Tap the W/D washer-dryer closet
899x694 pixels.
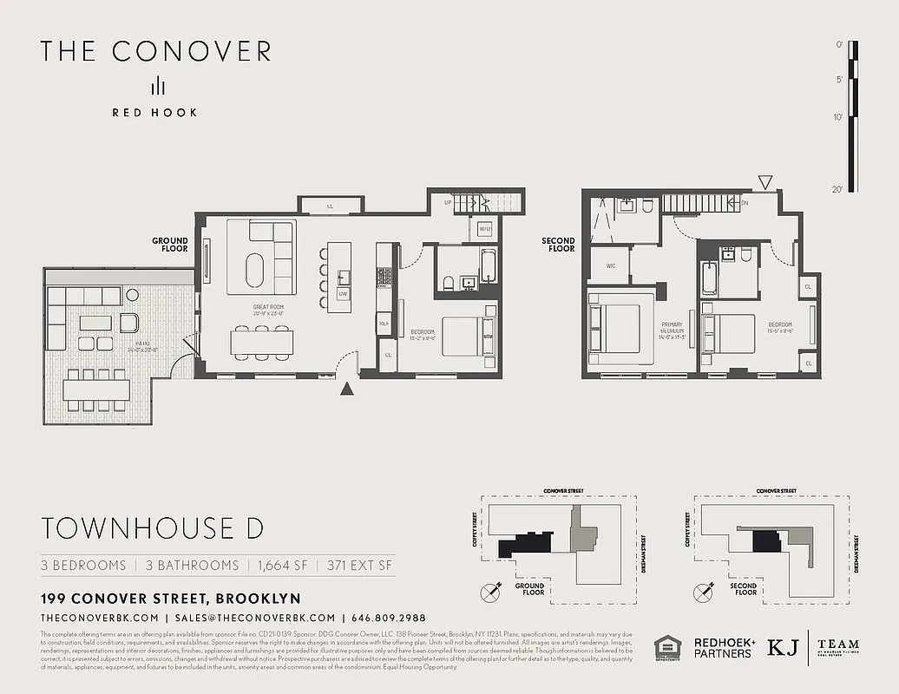click(484, 229)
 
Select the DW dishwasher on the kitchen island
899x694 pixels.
click(344, 294)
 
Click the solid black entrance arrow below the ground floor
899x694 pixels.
click(347, 390)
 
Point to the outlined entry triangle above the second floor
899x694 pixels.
click(764, 182)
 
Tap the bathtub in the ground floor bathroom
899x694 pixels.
click(488, 265)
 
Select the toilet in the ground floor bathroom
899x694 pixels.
click(447, 283)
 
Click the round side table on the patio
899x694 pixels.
click(132, 295)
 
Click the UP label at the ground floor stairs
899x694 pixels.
click(448, 202)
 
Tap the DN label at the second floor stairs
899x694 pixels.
click(744, 203)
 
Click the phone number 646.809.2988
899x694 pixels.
click(389, 618)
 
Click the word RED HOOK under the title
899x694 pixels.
click(154, 112)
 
